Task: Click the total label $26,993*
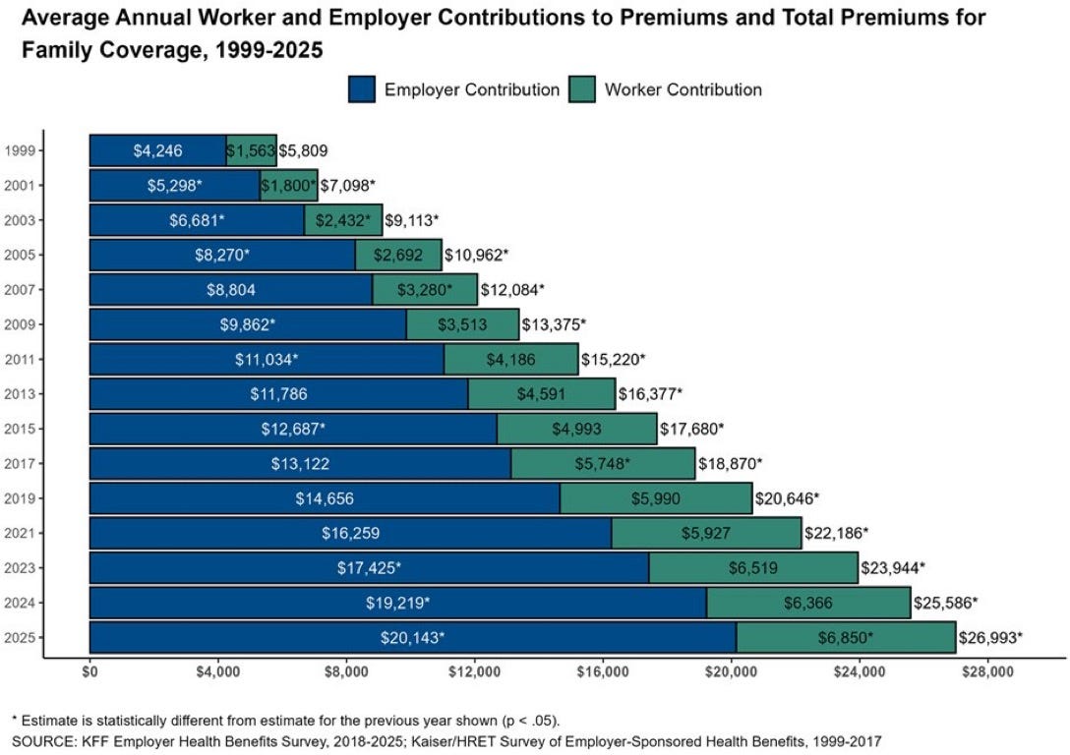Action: (990, 637)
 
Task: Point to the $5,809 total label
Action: (303, 150)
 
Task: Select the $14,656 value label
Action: (326, 498)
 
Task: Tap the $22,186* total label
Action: (836, 533)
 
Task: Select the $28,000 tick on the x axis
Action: (986, 673)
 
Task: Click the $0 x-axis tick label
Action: (89, 673)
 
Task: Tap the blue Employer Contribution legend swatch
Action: (362, 89)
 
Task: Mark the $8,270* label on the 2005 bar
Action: (222, 255)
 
